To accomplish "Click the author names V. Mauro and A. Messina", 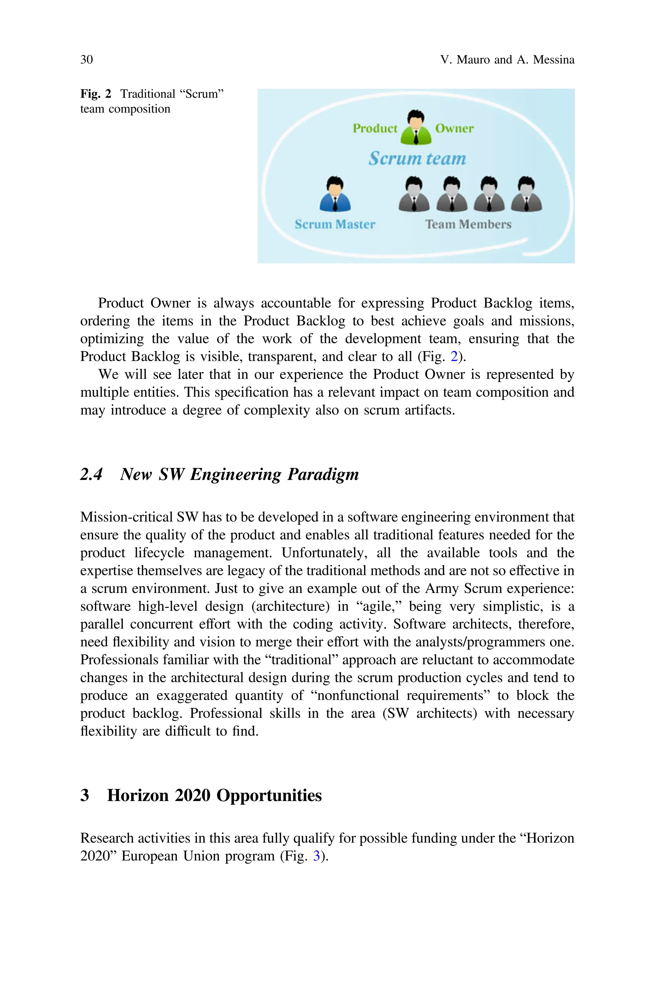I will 507,60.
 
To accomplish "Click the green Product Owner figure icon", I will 416,128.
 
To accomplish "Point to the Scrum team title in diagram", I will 417,158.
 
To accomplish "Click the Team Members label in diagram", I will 468,224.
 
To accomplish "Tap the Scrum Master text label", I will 335,224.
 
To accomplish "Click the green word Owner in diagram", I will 454,128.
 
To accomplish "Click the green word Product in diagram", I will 375,128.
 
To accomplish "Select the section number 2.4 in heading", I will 91,474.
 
